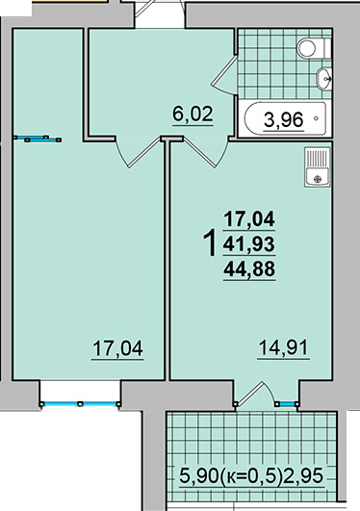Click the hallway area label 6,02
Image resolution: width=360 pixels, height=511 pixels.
point(193,115)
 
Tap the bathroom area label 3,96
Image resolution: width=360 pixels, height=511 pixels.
point(283,120)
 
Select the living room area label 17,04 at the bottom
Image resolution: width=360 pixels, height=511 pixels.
point(117,348)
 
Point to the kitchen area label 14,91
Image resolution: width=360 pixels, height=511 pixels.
point(283,347)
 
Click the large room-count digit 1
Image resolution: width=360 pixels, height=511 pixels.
point(210,243)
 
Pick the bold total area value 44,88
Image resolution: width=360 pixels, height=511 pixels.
point(249,269)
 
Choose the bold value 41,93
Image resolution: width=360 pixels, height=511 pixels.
point(249,244)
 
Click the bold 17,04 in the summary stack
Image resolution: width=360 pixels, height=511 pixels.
point(249,218)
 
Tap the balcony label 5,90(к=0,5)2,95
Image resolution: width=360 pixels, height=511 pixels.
point(251,476)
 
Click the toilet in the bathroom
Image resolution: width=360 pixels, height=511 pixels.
point(313,48)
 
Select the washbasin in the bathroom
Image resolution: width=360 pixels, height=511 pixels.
point(323,78)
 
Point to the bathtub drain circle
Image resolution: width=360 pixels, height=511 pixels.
point(316,118)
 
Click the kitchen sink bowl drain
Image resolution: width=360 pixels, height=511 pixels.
point(318,179)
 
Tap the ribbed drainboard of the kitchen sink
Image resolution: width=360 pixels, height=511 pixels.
point(318,158)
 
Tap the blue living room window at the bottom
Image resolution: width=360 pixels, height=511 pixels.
point(80,404)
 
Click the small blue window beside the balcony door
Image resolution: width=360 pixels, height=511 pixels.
point(287,404)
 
